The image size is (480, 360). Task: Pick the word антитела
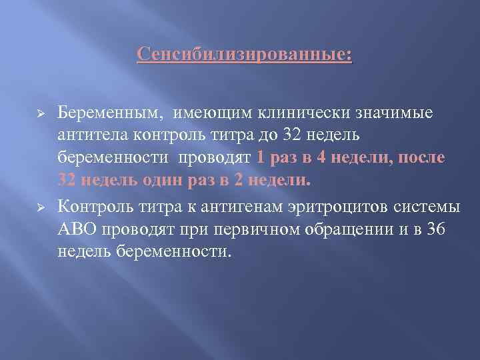(91, 136)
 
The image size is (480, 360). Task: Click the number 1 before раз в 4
(260, 158)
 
